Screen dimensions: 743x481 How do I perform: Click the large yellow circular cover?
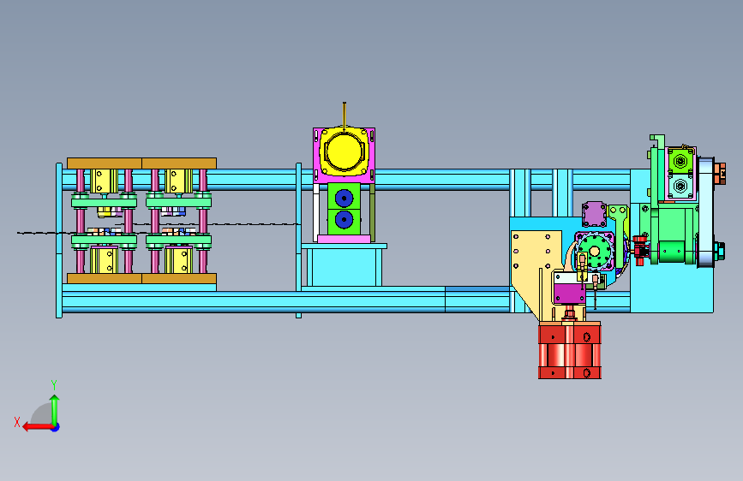tap(344, 152)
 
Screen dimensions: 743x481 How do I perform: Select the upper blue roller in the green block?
tap(344, 198)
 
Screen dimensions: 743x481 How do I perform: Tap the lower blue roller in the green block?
tap(344, 220)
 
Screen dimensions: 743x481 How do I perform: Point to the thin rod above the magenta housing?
tap(345, 115)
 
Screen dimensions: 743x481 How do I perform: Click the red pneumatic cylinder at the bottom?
tap(570, 350)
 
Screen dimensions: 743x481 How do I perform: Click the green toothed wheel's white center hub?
tap(594, 251)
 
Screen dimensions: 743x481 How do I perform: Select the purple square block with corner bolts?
tap(594, 214)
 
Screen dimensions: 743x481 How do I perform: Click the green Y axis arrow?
tap(55, 410)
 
